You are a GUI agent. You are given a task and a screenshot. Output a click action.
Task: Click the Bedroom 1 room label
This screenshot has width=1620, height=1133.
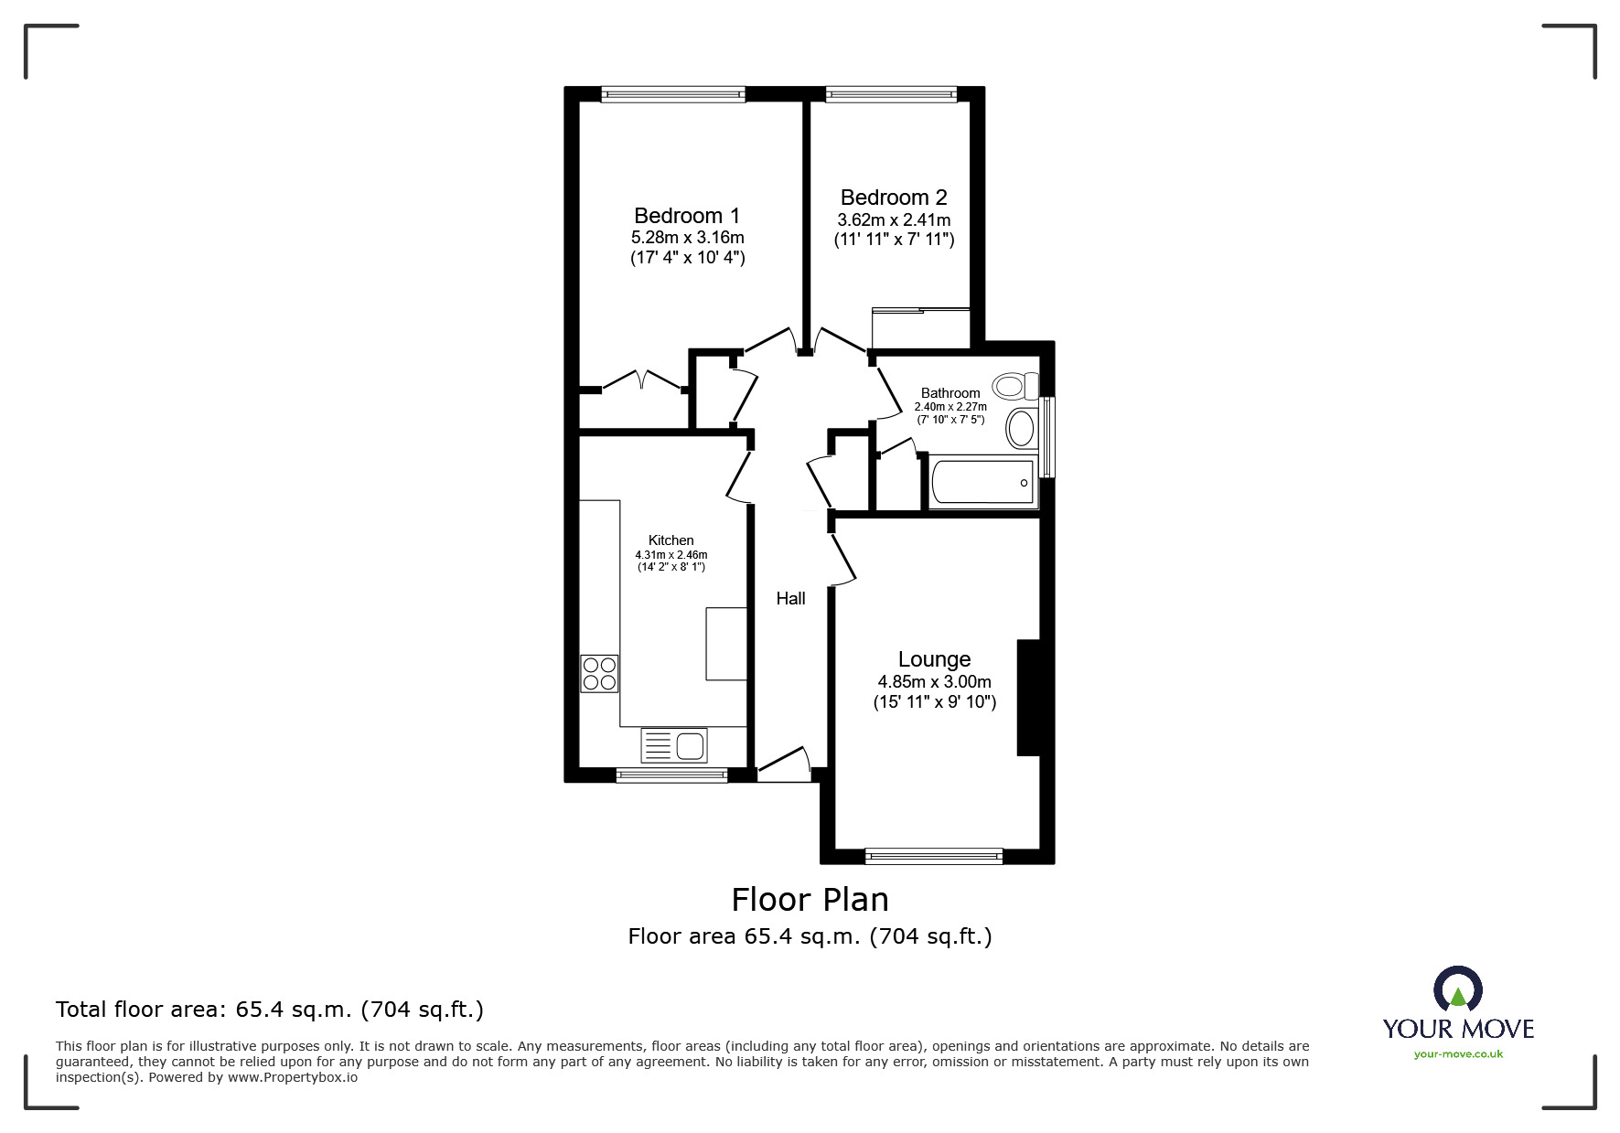687,216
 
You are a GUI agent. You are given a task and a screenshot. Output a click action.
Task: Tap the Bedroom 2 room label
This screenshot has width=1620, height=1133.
894,198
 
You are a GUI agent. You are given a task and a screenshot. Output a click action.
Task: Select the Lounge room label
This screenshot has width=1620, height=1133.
934,659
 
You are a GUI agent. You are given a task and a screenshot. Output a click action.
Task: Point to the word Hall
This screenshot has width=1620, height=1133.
790,599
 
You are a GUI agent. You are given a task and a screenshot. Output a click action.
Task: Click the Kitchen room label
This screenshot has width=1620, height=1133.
671,540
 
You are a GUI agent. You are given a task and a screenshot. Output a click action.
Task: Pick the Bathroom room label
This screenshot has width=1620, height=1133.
950,393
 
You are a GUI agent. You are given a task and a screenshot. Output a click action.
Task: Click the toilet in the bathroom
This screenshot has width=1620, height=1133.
1016,386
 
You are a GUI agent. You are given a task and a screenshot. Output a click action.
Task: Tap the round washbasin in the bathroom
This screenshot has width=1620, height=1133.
1022,428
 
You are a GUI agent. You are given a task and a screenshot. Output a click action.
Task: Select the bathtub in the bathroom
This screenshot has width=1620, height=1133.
983,481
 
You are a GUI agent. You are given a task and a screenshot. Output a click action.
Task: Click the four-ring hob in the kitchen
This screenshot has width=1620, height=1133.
599,673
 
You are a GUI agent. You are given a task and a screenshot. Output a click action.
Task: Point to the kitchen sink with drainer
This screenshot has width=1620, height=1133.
674,745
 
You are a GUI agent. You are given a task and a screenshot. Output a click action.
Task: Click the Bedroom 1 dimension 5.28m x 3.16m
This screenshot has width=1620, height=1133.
687,238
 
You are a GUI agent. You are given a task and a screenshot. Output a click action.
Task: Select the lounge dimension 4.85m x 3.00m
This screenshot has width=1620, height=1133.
934,682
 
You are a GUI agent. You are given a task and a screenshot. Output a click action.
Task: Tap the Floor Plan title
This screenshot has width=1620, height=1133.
810,900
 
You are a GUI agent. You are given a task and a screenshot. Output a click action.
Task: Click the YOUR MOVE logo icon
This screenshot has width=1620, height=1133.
1457,989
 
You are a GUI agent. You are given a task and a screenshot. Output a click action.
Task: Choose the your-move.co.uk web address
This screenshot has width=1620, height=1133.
1458,1054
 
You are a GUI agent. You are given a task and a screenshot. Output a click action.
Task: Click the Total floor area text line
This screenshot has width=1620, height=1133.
270,1010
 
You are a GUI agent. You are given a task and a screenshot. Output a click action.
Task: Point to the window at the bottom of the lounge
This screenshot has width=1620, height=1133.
934,857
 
